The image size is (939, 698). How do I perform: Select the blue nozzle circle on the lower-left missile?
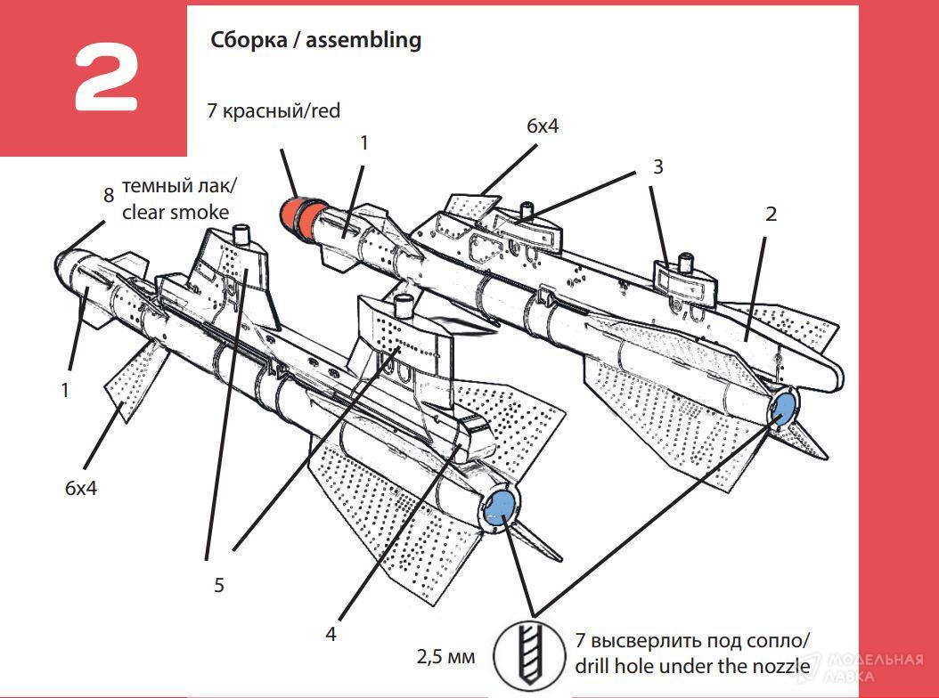tap(502, 503)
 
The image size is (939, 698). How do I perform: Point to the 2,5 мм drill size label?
tap(445, 657)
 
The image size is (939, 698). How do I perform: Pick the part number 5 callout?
tap(218, 585)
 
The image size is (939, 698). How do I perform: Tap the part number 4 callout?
tap(331, 634)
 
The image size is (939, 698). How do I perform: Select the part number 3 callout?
tap(657, 166)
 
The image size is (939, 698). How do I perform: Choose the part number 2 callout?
tap(771, 214)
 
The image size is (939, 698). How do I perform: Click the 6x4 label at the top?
tap(542, 126)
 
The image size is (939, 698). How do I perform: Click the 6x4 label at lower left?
tap(81, 489)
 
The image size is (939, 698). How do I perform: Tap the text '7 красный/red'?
tap(273, 111)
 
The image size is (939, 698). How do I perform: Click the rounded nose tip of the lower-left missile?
tap(62, 262)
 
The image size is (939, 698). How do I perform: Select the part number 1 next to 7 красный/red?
tap(363, 142)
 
